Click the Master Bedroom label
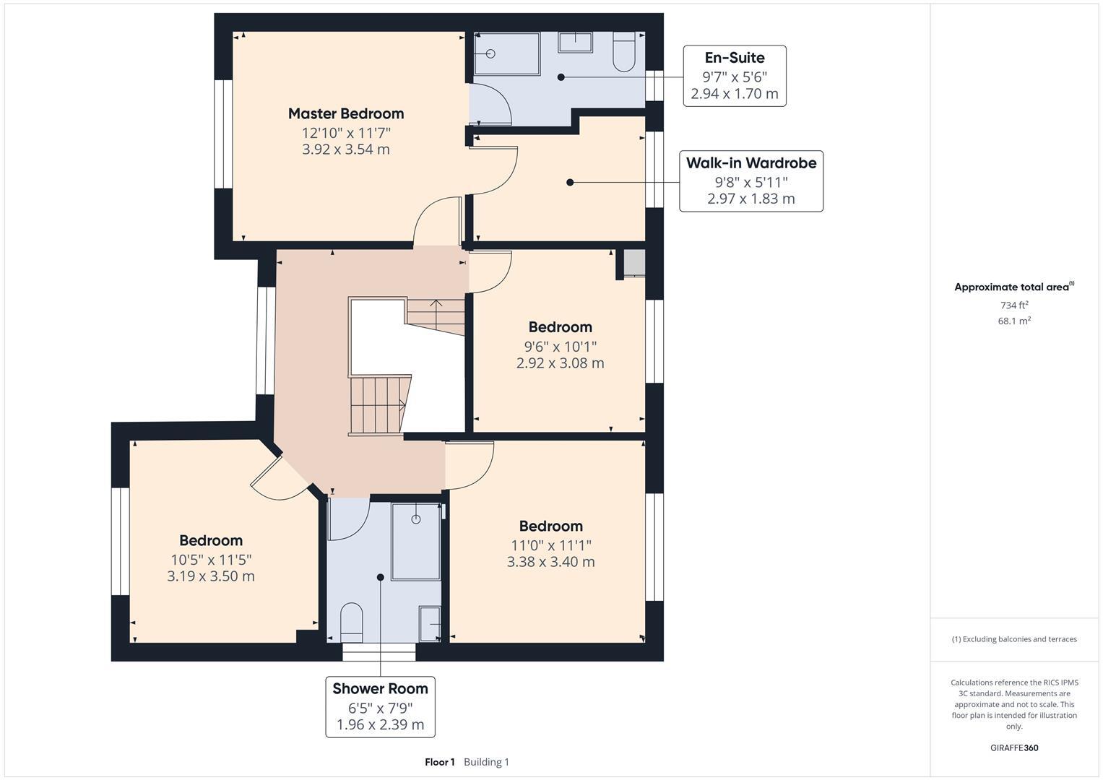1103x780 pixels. [x=345, y=113]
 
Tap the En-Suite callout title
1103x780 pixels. [x=734, y=58]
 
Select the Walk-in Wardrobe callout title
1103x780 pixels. [x=751, y=163]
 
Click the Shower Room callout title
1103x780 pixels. [x=380, y=688]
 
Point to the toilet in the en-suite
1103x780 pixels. [x=623, y=53]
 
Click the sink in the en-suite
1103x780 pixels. [x=575, y=43]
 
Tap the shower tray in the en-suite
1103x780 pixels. [x=506, y=53]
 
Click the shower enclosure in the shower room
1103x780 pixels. [x=415, y=542]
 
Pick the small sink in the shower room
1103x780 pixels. [x=430, y=623]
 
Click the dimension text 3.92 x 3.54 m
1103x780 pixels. [x=345, y=149]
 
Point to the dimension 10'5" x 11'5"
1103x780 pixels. [x=211, y=560]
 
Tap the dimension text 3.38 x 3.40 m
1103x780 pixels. [x=550, y=562]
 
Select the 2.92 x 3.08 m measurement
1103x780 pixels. [x=560, y=363]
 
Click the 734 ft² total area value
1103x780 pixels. [x=1013, y=305]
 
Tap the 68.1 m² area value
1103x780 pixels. [x=1013, y=321]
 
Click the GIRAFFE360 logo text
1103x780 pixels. [x=1013, y=747]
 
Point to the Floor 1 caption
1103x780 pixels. [x=439, y=762]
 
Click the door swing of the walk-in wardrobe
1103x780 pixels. [x=495, y=170]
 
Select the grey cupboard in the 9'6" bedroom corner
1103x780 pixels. [x=633, y=263]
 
